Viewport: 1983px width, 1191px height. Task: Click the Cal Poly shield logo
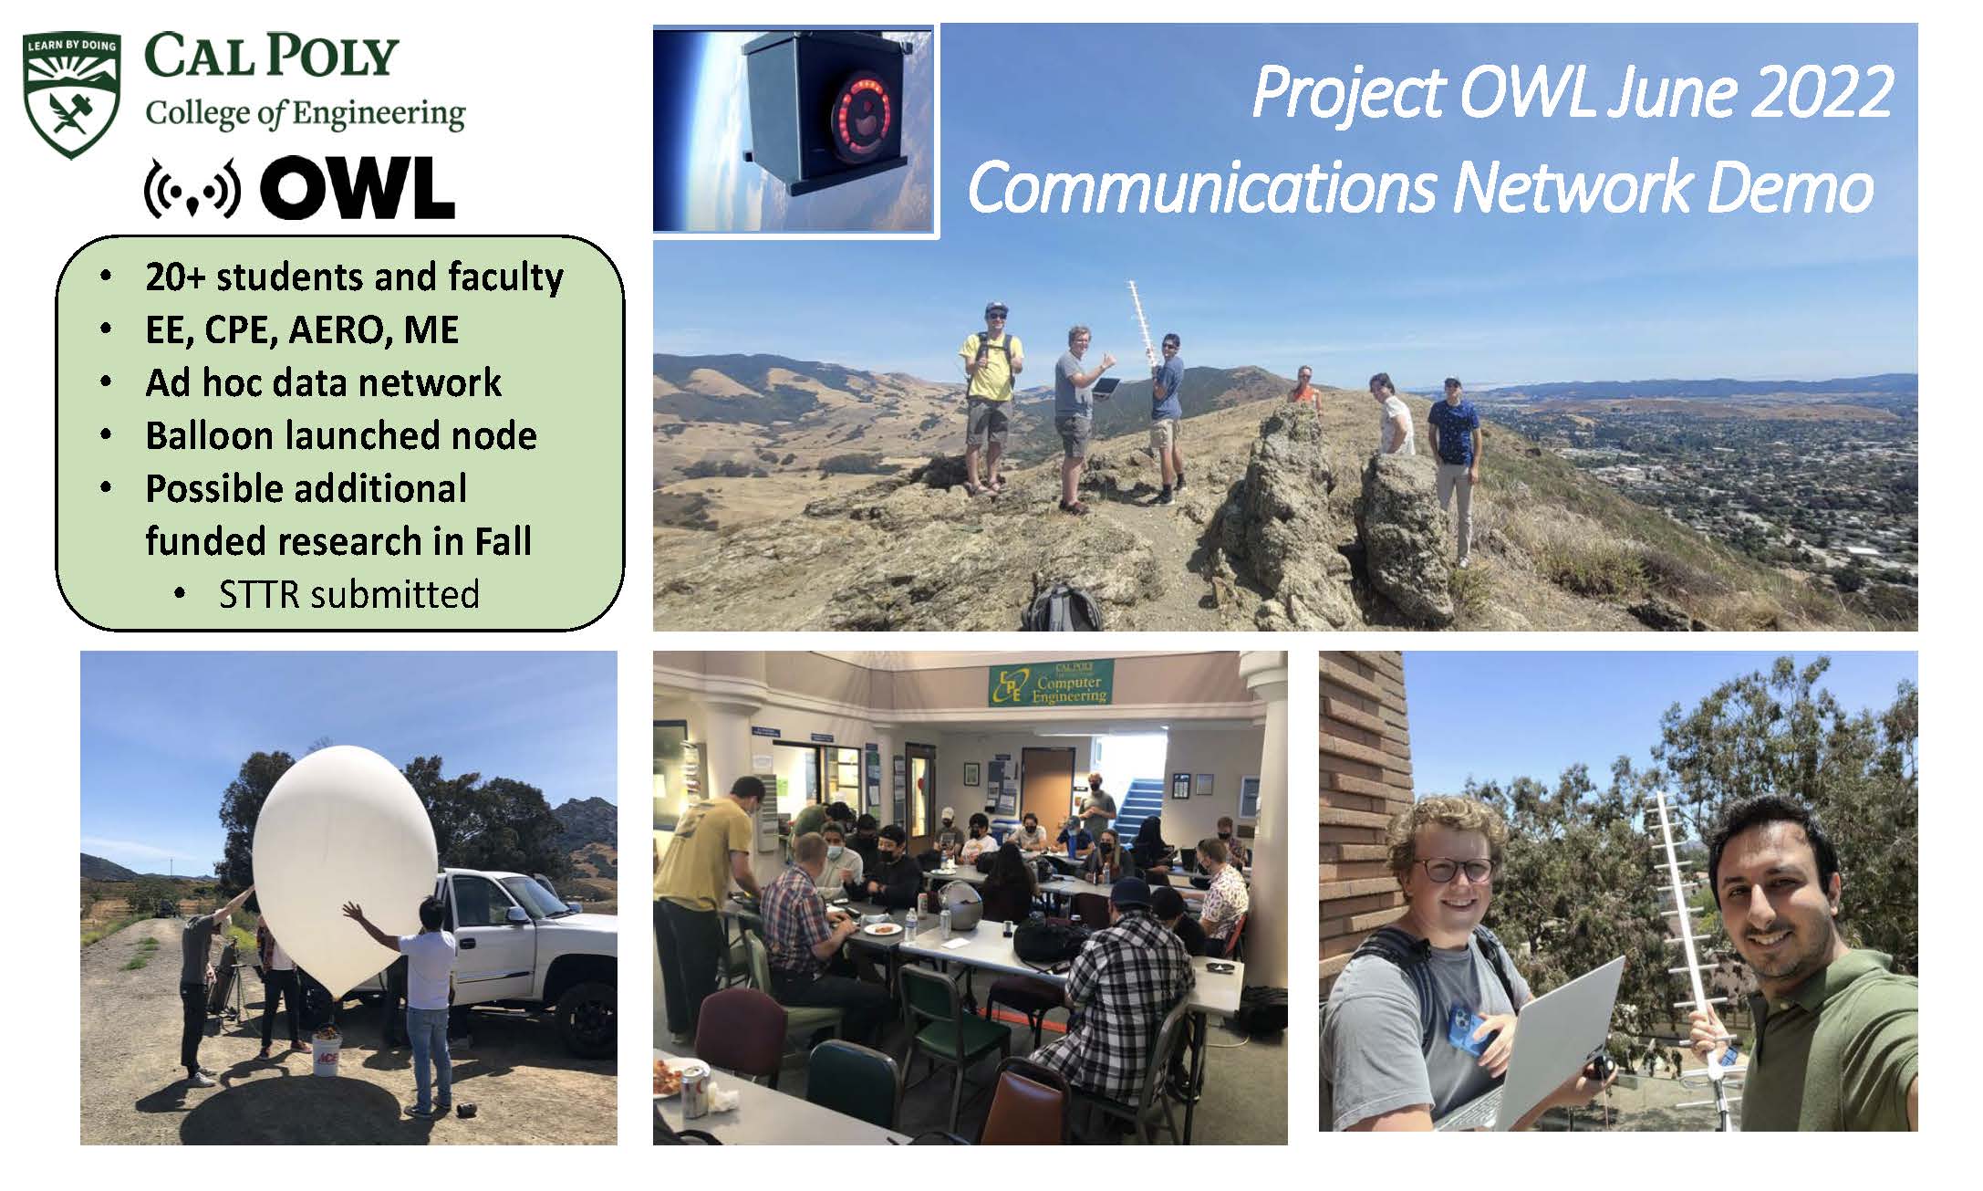coord(71,95)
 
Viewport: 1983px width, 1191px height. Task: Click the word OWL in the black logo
coord(357,188)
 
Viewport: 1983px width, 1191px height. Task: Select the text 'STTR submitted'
coord(349,594)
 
